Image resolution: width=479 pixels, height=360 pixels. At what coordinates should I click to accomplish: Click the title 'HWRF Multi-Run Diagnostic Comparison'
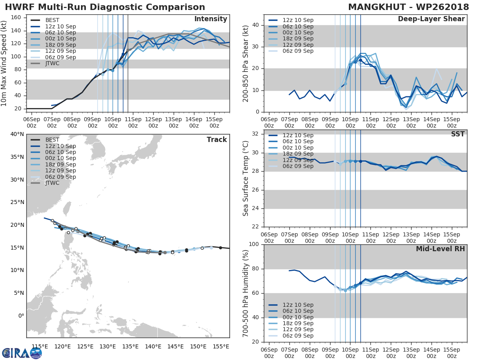(x=105, y=7)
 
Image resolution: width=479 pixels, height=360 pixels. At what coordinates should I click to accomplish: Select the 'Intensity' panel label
(x=210, y=19)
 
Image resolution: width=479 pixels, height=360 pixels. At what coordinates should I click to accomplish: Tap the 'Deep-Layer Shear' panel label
(x=431, y=19)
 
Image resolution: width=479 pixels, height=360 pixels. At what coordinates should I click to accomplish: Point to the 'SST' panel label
(x=458, y=134)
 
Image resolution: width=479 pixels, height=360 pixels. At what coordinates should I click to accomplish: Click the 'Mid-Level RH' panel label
(x=440, y=249)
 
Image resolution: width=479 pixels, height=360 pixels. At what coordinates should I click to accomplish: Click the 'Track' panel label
(x=216, y=140)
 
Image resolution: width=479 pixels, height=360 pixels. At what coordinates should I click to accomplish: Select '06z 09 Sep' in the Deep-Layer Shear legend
(x=298, y=51)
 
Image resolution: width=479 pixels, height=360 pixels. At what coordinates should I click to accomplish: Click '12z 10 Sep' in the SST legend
(x=298, y=135)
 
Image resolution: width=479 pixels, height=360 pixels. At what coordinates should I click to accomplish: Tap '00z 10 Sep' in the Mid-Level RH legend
(x=298, y=317)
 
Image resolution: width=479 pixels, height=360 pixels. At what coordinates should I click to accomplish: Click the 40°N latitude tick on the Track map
(x=17, y=134)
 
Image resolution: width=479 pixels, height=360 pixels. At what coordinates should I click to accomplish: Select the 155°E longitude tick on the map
(x=220, y=346)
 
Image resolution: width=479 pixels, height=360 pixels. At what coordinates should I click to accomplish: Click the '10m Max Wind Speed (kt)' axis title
(x=5, y=62)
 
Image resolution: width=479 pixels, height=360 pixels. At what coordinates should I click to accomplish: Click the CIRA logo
(x=22, y=353)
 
